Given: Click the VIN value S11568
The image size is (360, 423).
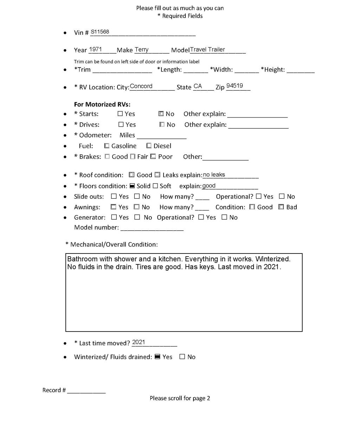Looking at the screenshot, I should (x=100, y=32).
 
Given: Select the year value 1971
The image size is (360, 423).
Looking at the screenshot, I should (x=96, y=50).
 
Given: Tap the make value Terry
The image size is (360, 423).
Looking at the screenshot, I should (x=142, y=50).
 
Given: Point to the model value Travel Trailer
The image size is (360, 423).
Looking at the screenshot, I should (x=207, y=50).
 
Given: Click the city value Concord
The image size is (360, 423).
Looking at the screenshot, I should (x=141, y=86).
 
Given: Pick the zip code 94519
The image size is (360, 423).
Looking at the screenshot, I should (x=234, y=86).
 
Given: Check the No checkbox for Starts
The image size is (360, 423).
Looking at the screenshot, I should (x=161, y=114).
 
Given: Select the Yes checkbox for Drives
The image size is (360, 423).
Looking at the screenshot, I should (x=121, y=124).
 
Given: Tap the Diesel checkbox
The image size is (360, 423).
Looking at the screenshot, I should (x=149, y=146).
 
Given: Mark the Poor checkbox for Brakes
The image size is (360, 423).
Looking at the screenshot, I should (x=153, y=156).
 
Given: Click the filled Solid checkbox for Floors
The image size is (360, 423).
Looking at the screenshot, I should (x=131, y=186).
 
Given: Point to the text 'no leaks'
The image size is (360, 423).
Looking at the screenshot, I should (x=214, y=175).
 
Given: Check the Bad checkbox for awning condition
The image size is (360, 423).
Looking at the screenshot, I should (x=281, y=207).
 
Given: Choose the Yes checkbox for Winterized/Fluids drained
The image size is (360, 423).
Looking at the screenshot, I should (x=157, y=357).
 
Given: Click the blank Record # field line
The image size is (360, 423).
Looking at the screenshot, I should (x=86, y=391).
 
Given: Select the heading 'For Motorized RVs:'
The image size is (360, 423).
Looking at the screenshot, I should (x=102, y=104).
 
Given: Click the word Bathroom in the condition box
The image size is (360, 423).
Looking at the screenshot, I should (x=82, y=259).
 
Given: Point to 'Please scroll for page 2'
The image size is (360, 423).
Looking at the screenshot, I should (x=180, y=398).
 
